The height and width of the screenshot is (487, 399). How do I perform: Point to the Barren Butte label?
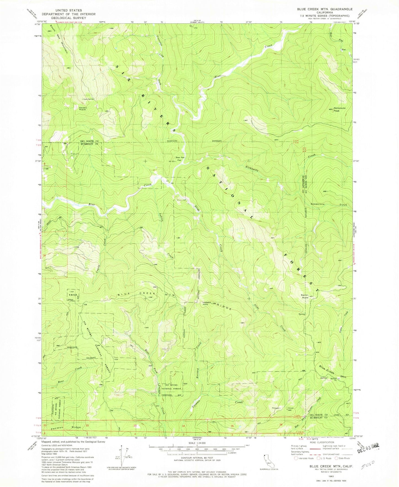point(305,296)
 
